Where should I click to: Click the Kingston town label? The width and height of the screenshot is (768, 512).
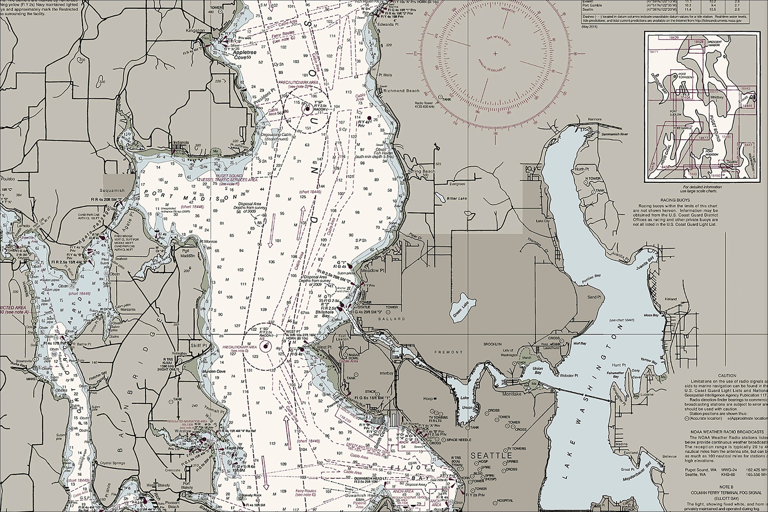click(195, 30)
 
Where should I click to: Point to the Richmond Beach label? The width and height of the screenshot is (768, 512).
click(401, 91)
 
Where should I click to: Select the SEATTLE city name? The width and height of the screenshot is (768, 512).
click(491, 455)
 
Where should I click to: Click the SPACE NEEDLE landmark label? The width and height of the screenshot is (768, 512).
click(459, 440)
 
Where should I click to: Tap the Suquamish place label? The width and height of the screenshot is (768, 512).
click(112, 190)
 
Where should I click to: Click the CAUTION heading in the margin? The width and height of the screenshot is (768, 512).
click(727, 376)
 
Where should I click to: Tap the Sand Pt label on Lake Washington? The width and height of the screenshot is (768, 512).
click(594, 297)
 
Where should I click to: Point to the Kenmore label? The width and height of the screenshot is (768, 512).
click(594, 119)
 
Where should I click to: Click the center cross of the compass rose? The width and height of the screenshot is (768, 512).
click(495, 53)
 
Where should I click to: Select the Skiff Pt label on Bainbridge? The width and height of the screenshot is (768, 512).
click(199, 345)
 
